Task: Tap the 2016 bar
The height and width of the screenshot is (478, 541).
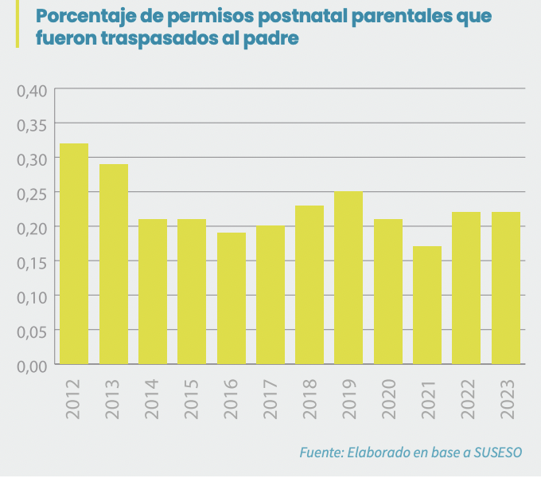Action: click(x=231, y=298)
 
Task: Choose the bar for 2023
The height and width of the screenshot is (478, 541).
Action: click(x=505, y=288)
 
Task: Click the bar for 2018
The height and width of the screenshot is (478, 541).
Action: click(x=309, y=284)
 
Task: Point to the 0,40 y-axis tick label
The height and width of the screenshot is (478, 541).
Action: click(x=32, y=90)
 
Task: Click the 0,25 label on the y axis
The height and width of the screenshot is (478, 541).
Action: click(x=32, y=193)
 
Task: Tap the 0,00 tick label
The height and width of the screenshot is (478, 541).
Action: click(x=32, y=365)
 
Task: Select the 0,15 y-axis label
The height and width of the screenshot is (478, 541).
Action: click(x=32, y=262)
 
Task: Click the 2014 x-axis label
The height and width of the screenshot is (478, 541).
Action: click(x=153, y=398)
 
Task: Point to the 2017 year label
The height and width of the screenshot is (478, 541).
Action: click(x=270, y=398)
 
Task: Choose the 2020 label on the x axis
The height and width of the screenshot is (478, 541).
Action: click(x=388, y=398)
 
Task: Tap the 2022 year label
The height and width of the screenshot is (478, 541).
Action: click(x=466, y=398)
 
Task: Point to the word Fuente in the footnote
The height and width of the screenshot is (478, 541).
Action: click(x=321, y=453)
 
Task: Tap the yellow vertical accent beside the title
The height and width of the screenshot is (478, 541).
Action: click(x=17, y=25)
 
